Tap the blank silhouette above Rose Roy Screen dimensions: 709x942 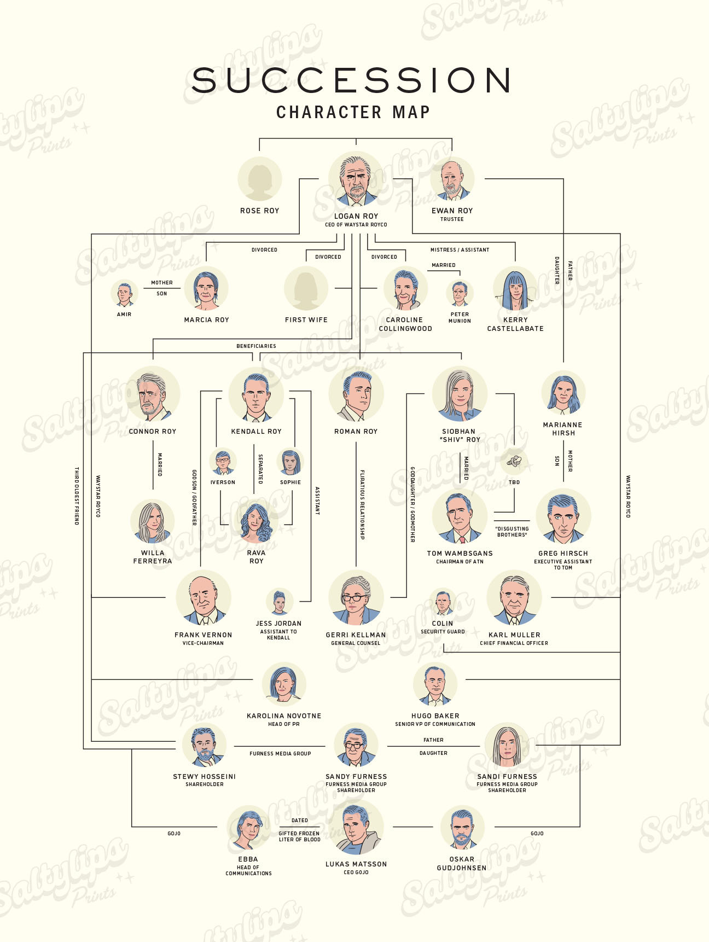pos(259,179)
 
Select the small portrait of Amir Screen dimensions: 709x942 pos(124,294)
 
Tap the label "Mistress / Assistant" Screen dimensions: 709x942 pos(460,250)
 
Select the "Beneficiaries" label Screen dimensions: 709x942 pos(256,346)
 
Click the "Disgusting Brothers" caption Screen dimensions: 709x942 pos(512,532)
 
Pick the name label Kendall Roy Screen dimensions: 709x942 pos(256,432)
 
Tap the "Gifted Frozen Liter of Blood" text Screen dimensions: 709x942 pos(299,836)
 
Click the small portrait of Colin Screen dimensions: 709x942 pos(443,602)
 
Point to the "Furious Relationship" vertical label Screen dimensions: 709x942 pos(362,504)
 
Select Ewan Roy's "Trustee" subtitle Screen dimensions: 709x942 pos(452,219)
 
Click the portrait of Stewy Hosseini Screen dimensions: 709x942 pos(204,746)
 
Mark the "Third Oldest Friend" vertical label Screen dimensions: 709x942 pos(77,496)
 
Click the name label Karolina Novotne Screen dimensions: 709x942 pos(284,716)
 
